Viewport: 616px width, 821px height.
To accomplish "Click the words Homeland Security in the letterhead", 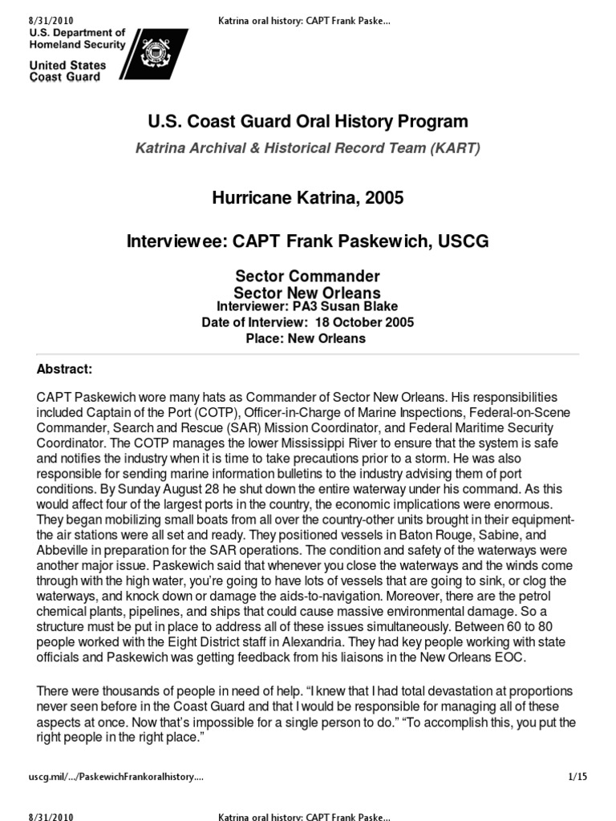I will pyautogui.click(x=78, y=45).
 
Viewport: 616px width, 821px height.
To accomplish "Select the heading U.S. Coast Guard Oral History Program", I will pyautogui.click(x=308, y=122).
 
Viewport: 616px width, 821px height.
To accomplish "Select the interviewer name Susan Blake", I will pyautogui.click(x=361, y=306).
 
